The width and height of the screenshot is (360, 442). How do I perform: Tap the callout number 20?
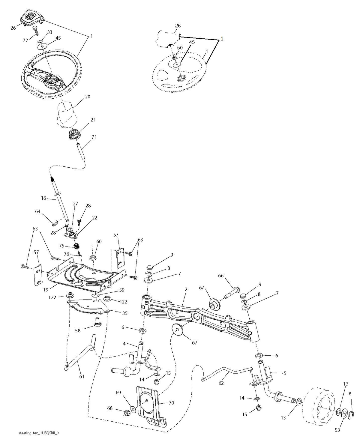pos(88,97)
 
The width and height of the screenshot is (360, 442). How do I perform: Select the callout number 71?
pos(94,137)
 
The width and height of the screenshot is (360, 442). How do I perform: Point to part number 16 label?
pos(43,198)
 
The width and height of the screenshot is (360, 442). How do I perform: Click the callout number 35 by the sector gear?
pos(125,313)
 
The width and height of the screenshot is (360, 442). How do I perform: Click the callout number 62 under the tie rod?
pos(221,383)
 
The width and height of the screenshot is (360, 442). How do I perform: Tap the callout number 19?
pos(46,289)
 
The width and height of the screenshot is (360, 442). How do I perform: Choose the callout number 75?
pos(62,246)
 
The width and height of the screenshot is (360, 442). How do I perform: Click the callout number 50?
pos(180,48)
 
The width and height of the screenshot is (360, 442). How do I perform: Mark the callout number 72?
pos(25,41)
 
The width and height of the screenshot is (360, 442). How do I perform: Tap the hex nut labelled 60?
pos(93,258)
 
